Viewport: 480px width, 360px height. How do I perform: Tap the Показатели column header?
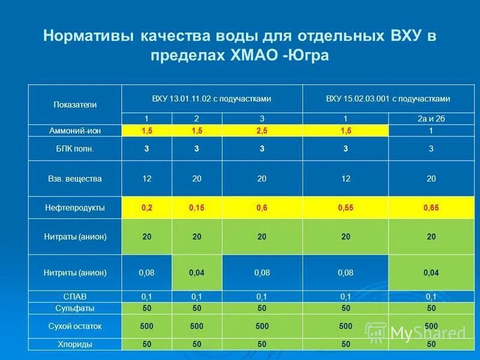click(x=75, y=104)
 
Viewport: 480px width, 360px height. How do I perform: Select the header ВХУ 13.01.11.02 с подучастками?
click(x=212, y=98)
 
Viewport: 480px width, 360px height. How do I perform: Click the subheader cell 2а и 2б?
click(x=431, y=119)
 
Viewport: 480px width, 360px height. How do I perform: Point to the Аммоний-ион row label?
click(x=75, y=130)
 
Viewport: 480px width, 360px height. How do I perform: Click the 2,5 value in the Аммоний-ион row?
click(x=262, y=130)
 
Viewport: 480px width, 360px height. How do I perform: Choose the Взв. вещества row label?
click(x=75, y=178)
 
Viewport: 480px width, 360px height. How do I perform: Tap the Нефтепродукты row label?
click(x=75, y=208)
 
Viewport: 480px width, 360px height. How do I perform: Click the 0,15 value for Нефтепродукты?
click(x=197, y=208)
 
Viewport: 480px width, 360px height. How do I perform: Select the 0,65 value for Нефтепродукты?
click(x=431, y=208)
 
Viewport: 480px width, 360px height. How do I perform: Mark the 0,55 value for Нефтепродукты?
click(x=345, y=208)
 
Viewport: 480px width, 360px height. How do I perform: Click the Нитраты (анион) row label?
click(x=75, y=236)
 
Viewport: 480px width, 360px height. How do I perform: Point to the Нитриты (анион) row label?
click(x=75, y=272)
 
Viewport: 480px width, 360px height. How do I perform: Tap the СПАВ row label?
click(x=75, y=296)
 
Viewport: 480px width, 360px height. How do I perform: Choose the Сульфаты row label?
click(x=75, y=308)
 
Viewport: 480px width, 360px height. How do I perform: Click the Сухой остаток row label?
click(x=75, y=326)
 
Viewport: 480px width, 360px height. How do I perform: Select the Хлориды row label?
click(x=75, y=344)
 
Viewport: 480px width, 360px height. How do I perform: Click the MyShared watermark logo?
click(x=417, y=332)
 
